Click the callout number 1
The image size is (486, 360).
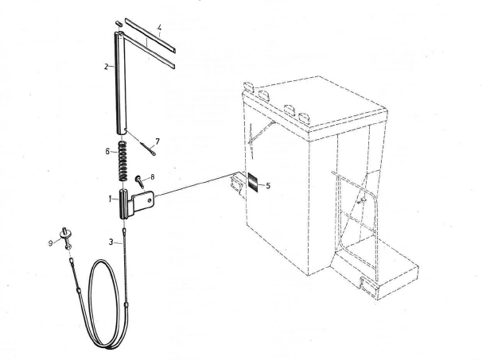[110, 199]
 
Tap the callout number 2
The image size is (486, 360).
[107, 67]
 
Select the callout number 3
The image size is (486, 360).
[111, 242]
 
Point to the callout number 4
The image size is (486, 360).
[159, 28]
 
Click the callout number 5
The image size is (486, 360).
[268, 186]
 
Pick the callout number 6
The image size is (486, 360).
[107, 151]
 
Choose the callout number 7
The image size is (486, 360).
[157, 141]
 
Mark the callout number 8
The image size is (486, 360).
[152, 177]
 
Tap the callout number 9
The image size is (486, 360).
[51, 243]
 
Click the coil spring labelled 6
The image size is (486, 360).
[123, 161]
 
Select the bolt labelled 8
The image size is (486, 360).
[139, 182]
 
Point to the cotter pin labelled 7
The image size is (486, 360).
[148, 149]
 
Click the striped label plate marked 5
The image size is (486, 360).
[253, 183]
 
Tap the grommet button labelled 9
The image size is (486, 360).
[66, 238]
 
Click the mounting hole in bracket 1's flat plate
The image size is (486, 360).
[150, 200]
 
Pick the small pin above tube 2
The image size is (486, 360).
[119, 24]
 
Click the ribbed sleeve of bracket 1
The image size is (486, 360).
[123, 204]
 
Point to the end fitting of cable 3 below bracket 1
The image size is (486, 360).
[124, 230]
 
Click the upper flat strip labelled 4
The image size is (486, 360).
[150, 35]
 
